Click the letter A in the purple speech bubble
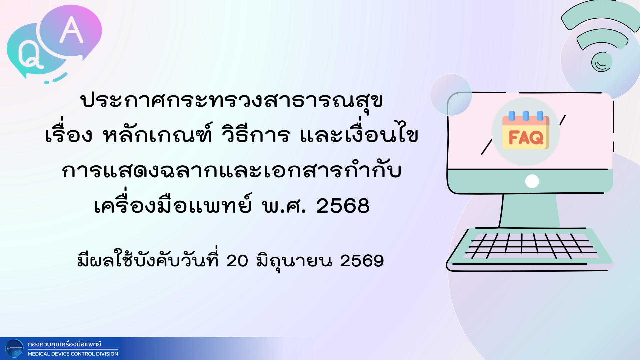pos(71,30)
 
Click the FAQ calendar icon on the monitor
pos(526,130)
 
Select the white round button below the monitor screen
pos(532,181)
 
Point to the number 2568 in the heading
pos(343,205)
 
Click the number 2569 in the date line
pos(362,260)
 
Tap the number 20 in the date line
pos(237,260)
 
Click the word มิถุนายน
pos(294,261)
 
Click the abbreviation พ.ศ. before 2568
pos(284,205)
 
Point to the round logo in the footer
pos(15,348)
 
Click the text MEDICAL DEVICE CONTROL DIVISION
pos(73,354)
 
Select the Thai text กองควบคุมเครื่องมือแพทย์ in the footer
pos(64,344)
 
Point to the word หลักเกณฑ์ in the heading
pos(157,134)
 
